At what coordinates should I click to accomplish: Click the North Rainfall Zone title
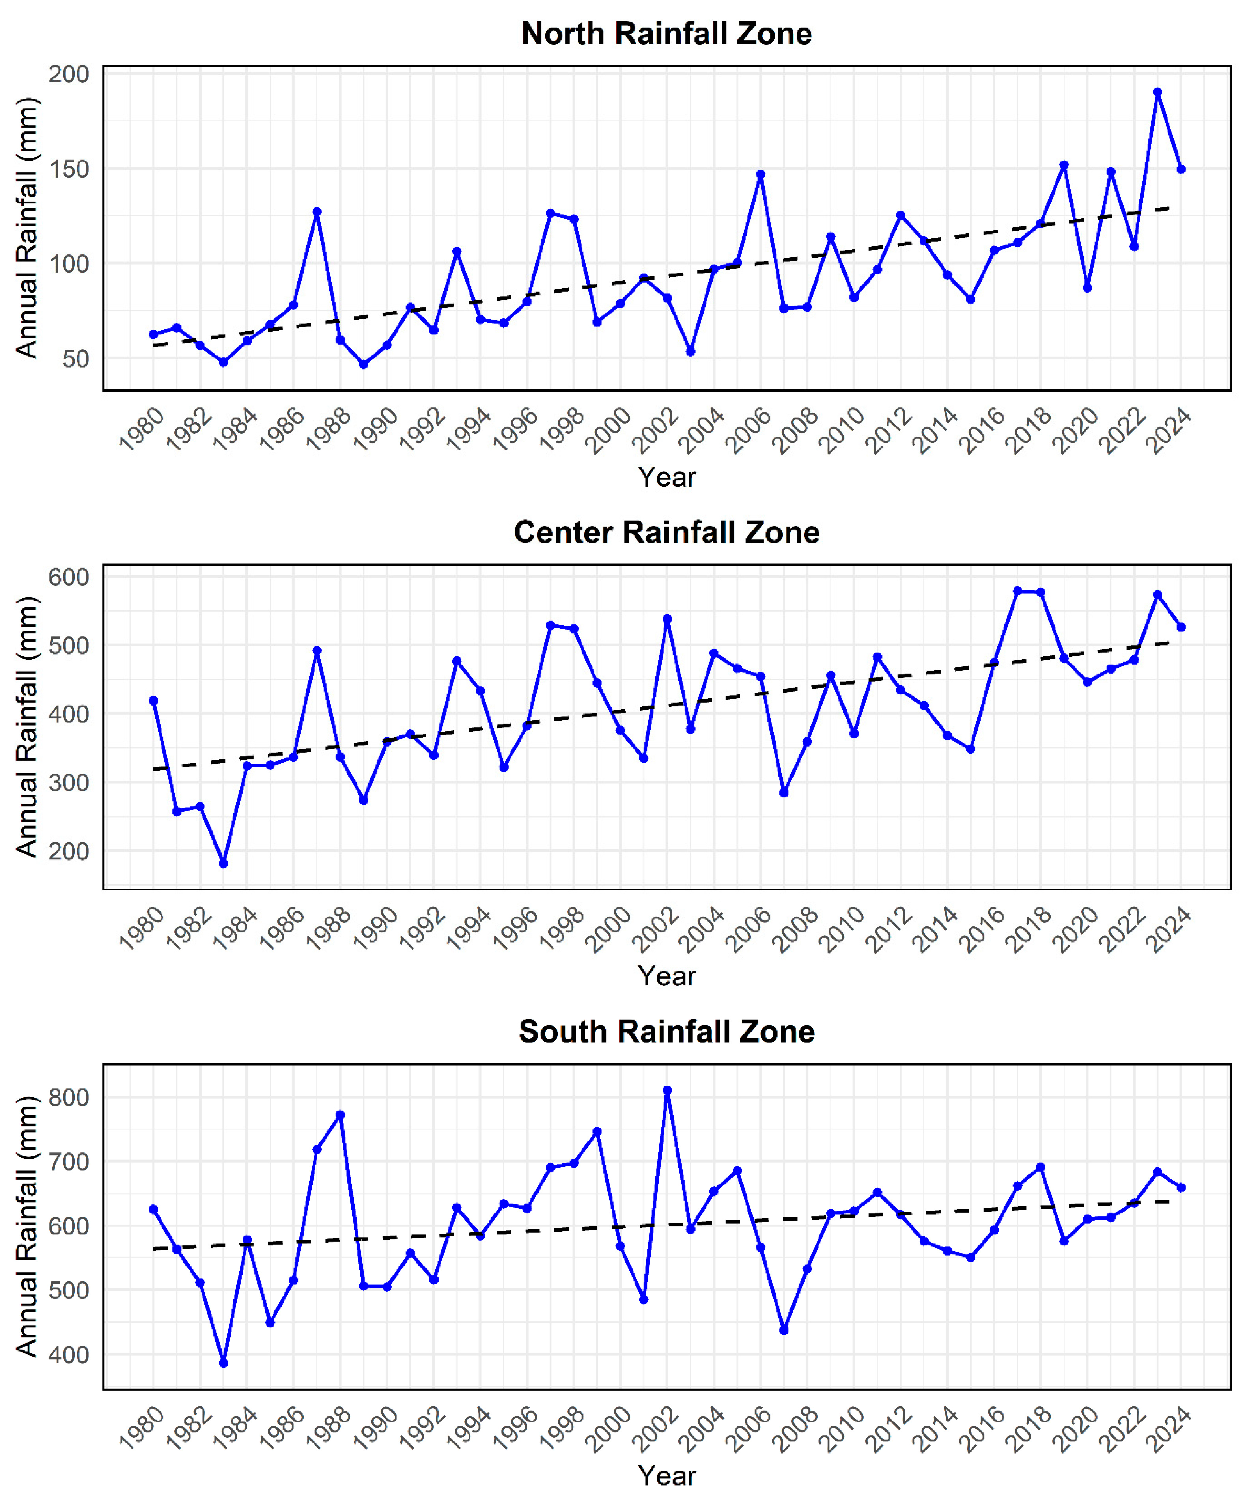click(x=666, y=34)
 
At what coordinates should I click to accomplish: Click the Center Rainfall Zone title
click(x=666, y=532)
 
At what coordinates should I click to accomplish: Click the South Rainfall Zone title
click(x=666, y=1031)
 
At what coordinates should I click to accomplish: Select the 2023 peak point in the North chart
click(x=1157, y=92)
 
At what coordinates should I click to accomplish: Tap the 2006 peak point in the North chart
click(x=760, y=174)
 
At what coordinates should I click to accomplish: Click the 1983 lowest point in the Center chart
click(x=224, y=863)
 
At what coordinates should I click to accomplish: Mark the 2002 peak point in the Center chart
click(x=667, y=619)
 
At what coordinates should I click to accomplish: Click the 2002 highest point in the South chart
click(x=667, y=1091)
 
